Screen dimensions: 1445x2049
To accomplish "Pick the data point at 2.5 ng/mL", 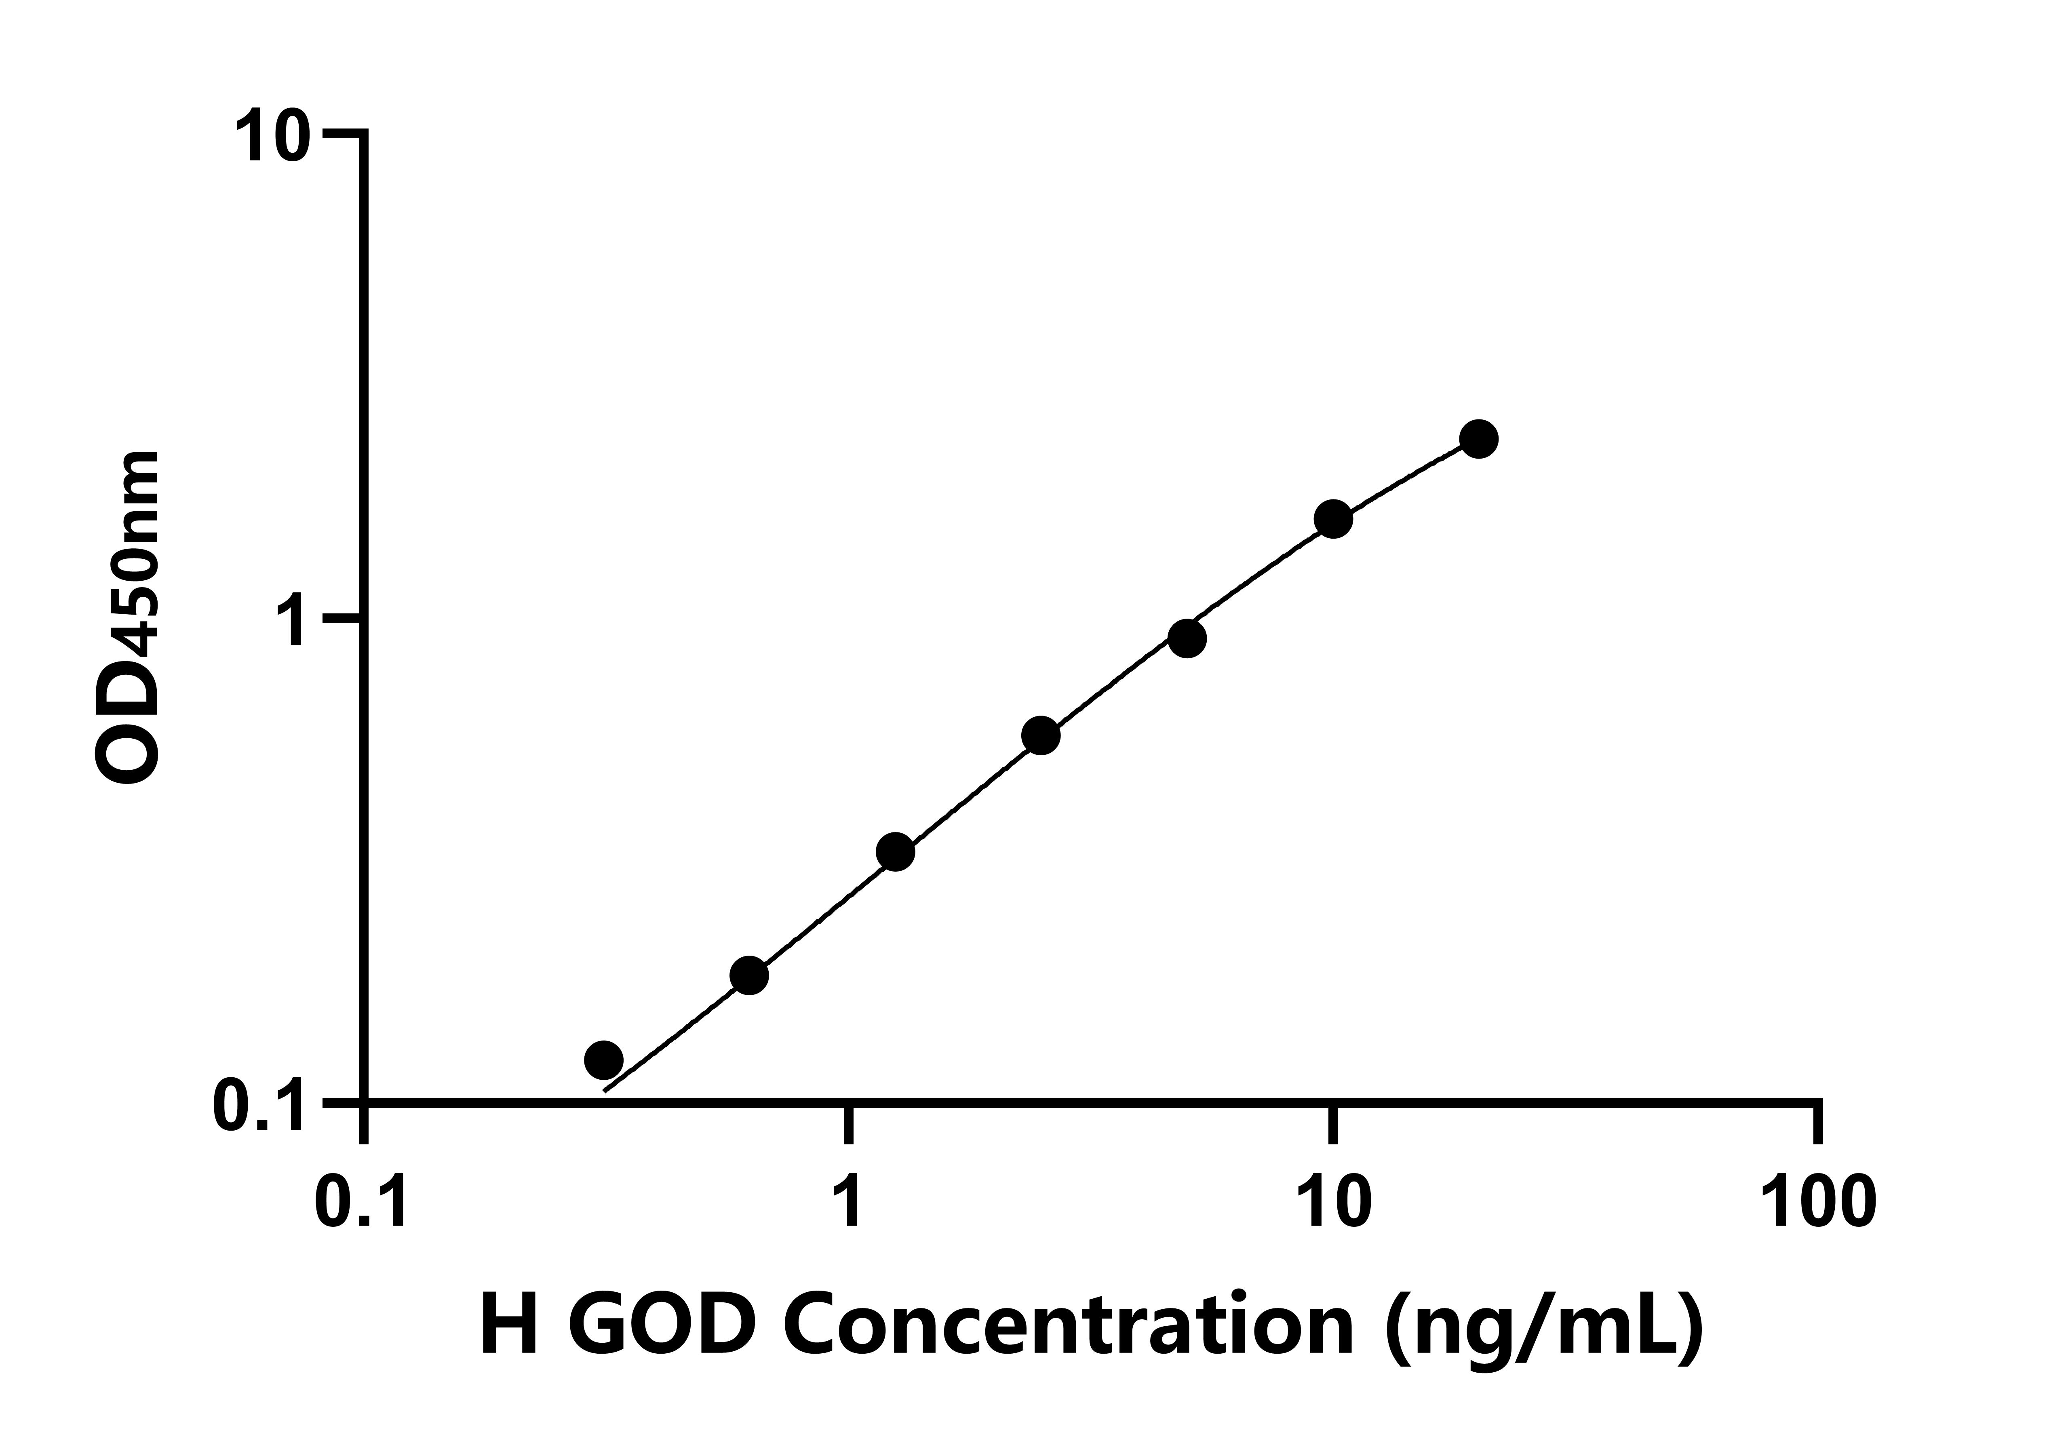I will click(1041, 736).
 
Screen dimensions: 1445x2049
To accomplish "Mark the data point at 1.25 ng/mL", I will click(895, 852).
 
